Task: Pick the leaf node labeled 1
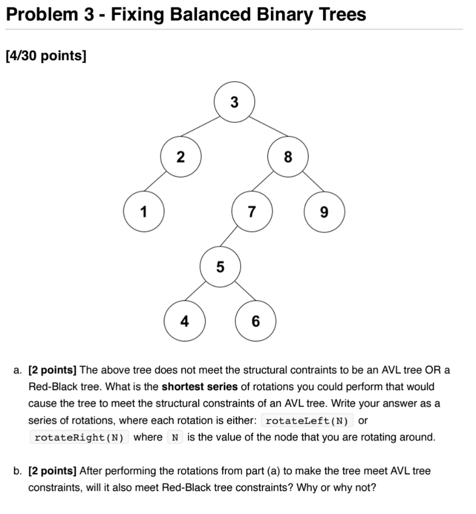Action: pos(144,212)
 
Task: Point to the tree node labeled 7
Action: pos(252,212)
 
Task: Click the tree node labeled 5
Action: pos(220,267)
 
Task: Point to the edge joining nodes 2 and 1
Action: pos(162,185)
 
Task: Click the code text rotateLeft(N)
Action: pos(307,420)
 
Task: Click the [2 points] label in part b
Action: pos(53,471)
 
